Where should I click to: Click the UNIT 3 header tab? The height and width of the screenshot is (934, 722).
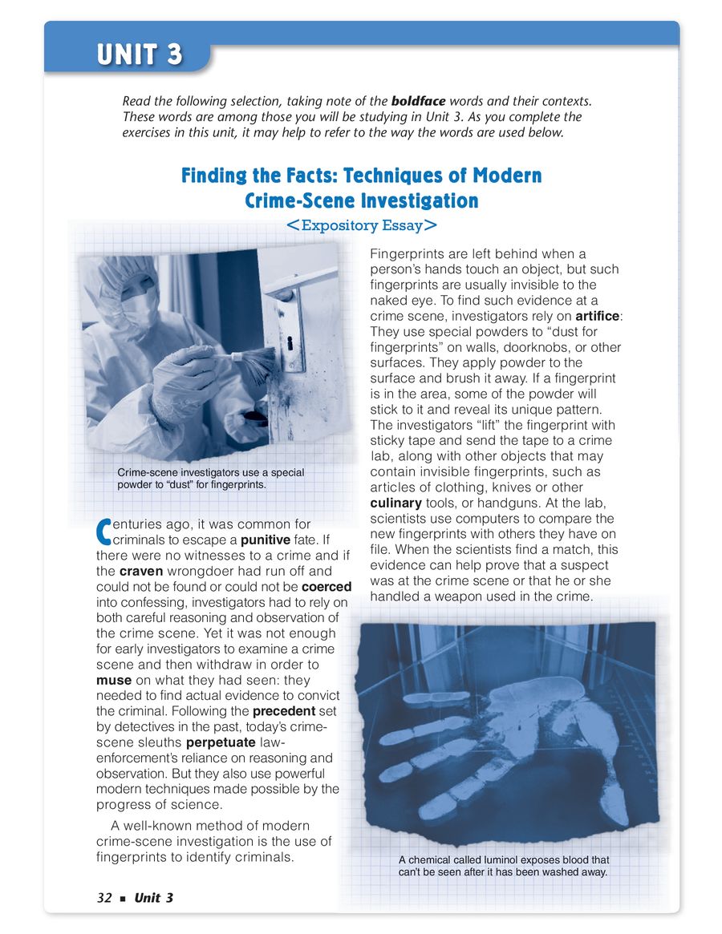coord(140,55)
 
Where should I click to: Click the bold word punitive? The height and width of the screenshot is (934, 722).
coord(265,541)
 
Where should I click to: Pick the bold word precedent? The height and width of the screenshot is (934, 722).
coord(283,711)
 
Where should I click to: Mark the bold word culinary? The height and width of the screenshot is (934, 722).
coord(395,503)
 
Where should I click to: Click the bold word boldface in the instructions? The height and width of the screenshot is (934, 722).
coord(417,102)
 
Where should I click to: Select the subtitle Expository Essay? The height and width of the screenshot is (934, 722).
coord(362,226)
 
